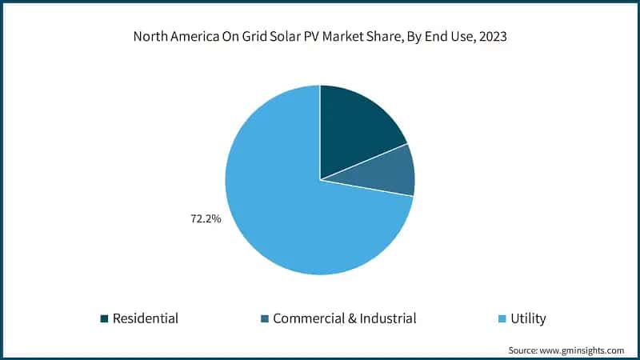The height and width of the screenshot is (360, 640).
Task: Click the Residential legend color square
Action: coord(104,319)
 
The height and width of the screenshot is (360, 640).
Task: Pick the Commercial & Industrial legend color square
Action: coord(265,319)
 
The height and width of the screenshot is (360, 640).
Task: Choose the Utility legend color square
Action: coord(502,319)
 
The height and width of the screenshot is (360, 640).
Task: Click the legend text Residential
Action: coord(145,318)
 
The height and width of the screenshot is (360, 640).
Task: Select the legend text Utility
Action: coord(528,318)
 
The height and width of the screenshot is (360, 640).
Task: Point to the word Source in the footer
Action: coord(525,350)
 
